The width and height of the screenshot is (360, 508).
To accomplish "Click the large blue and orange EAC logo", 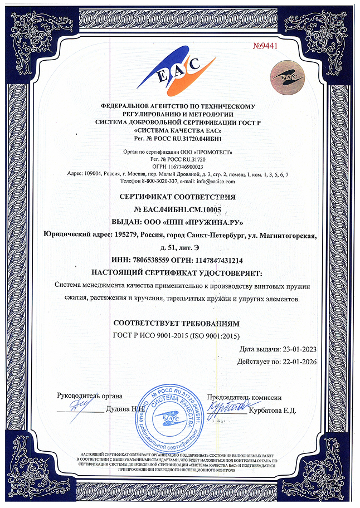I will [176, 70].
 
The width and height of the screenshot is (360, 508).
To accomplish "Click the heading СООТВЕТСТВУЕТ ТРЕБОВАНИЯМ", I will [176, 323].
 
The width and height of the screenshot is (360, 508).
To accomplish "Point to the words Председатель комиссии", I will [244, 397].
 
